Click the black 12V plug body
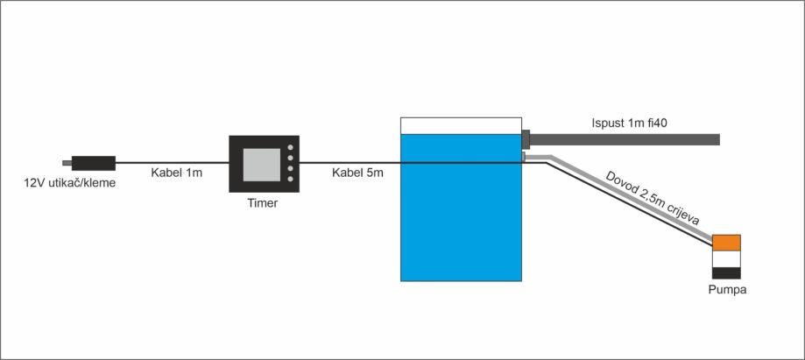coord(94,162)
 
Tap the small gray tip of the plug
coord(67,162)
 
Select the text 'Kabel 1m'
coord(176,173)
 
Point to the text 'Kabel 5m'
coord(357,173)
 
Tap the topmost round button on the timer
coord(290,148)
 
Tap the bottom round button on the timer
coord(290,180)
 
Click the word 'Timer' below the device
coord(264,203)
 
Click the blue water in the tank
coord(461,219)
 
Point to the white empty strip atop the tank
coord(461,125)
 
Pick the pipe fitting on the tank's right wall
coord(526,138)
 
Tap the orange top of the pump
coord(727,242)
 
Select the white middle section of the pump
coord(727,258)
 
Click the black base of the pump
coord(727,272)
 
